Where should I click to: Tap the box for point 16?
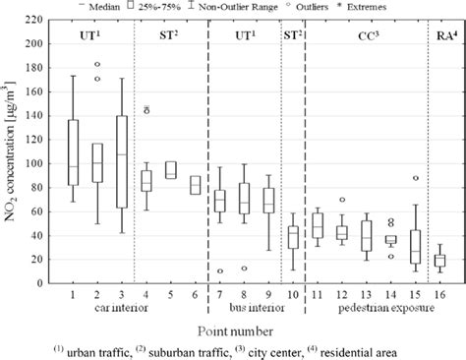[x=439, y=260]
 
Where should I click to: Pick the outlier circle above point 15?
[x=415, y=178]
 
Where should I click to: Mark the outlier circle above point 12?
[x=341, y=200]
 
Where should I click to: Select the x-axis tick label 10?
[x=292, y=293]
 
